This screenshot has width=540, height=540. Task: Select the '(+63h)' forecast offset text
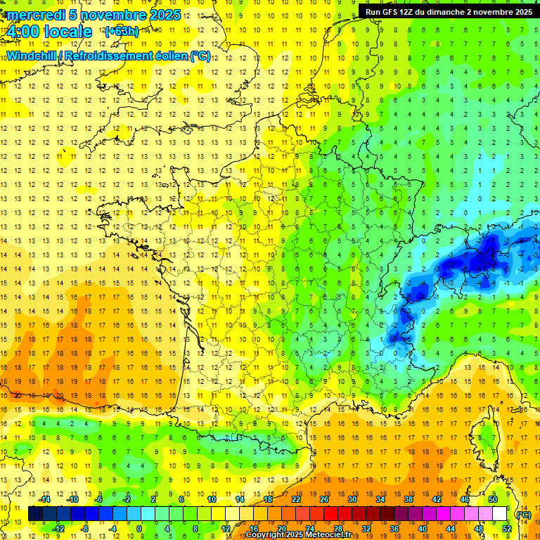[122, 32]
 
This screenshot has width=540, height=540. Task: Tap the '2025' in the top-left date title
[165, 15]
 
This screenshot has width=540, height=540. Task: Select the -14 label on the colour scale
[45, 499]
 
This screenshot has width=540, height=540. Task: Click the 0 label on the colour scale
[139, 529]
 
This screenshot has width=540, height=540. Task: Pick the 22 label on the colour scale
[296, 499]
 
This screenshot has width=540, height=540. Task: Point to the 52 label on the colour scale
[506, 529]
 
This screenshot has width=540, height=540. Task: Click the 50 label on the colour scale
[493, 499]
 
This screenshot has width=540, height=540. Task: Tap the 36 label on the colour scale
[394, 529]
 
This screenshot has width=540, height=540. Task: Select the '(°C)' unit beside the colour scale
[523, 514]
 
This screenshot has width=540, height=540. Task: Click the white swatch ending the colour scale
[500, 514]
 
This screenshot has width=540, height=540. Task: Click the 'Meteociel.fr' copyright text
[328, 535]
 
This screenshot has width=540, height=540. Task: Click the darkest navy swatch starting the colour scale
[35, 514]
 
